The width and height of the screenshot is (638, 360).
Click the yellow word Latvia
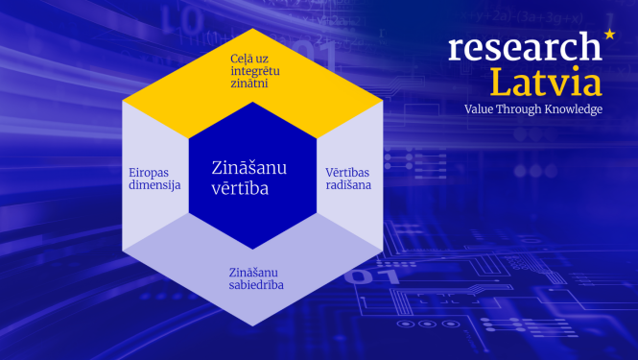tap(546, 82)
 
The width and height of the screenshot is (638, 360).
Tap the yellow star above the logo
tap(609, 36)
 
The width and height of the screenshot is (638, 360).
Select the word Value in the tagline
tap(480, 109)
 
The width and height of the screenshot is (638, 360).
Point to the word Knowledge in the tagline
tap(571, 109)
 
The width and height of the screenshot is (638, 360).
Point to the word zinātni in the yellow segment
tap(248, 84)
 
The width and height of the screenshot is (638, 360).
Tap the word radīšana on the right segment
tap(343, 185)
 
